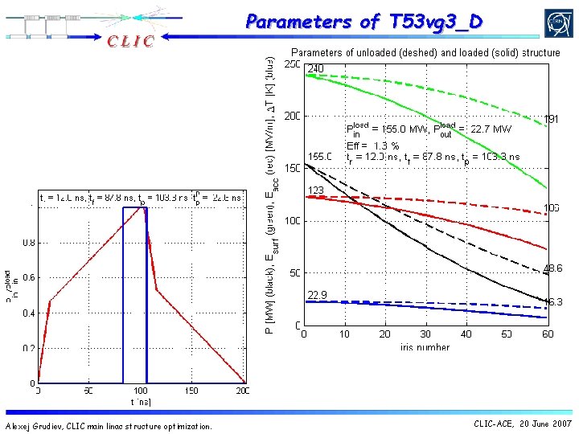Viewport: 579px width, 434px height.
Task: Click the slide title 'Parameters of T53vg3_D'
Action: pos(364,22)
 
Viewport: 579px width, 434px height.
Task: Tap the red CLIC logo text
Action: pos(127,41)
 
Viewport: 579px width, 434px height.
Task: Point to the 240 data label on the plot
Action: pos(315,69)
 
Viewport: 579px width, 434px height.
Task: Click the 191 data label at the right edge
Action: pos(552,119)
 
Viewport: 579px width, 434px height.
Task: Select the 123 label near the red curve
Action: pos(315,190)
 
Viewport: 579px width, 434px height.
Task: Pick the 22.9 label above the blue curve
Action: pos(317,295)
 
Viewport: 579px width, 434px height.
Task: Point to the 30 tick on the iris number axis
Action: pos(425,334)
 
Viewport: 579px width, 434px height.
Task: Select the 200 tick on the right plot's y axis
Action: pos(291,116)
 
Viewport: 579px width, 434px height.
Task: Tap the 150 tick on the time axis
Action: pos(191,391)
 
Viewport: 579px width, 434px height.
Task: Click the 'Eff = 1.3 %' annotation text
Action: pos(373,145)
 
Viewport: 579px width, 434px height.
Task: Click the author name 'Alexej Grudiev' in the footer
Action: pos(33,426)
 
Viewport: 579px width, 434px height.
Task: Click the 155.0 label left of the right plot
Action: pos(319,156)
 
